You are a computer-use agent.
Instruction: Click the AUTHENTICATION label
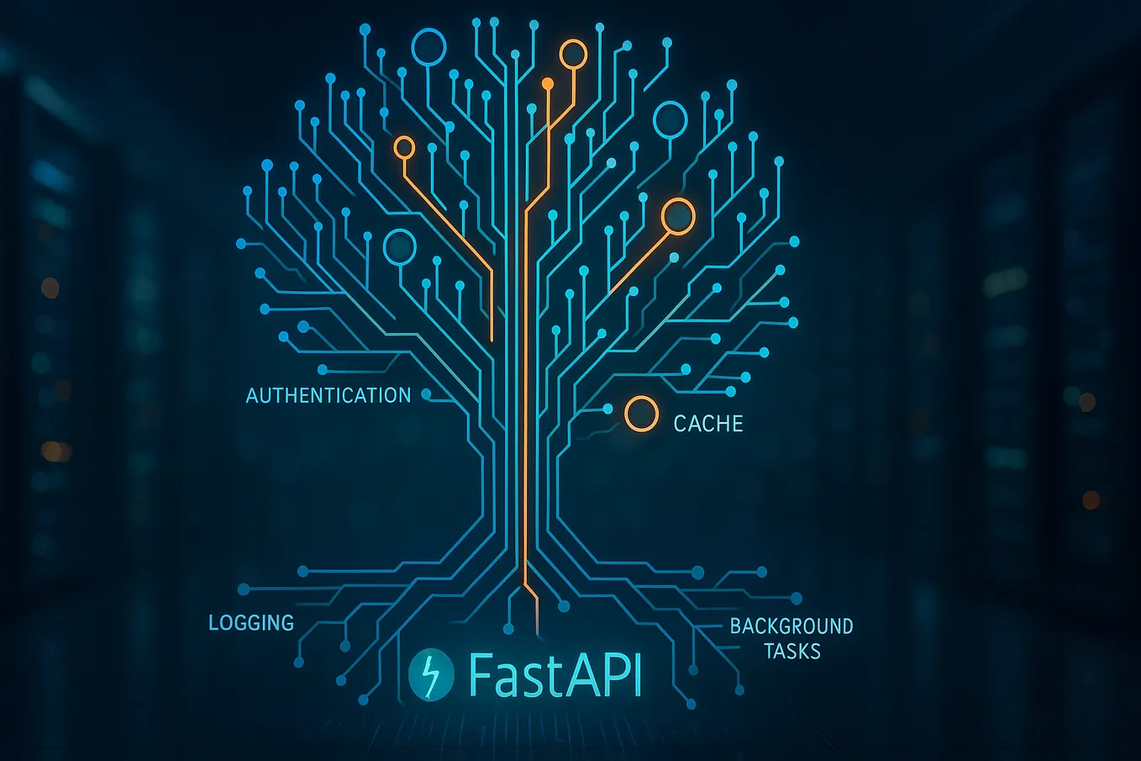click(328, 395)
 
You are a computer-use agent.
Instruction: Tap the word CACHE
click(708, 423)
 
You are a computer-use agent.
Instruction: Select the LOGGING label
click(251, 623)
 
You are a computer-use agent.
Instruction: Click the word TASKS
click(791, 652)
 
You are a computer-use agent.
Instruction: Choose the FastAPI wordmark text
click(555, 674)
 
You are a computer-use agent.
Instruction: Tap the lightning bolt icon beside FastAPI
click(431, 674)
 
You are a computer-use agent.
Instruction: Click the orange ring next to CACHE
click(641, 414)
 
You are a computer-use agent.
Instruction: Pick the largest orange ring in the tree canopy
click(677, 216)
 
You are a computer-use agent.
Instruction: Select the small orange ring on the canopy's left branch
click(404, 148)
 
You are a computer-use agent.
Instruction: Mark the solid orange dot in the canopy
click(548, 83)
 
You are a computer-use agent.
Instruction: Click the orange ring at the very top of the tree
click(573, 54)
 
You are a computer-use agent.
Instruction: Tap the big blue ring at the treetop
click(429, 47)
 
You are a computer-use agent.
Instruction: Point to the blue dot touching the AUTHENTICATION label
click(426, 394)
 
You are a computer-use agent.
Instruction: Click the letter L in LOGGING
click(213, 623)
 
